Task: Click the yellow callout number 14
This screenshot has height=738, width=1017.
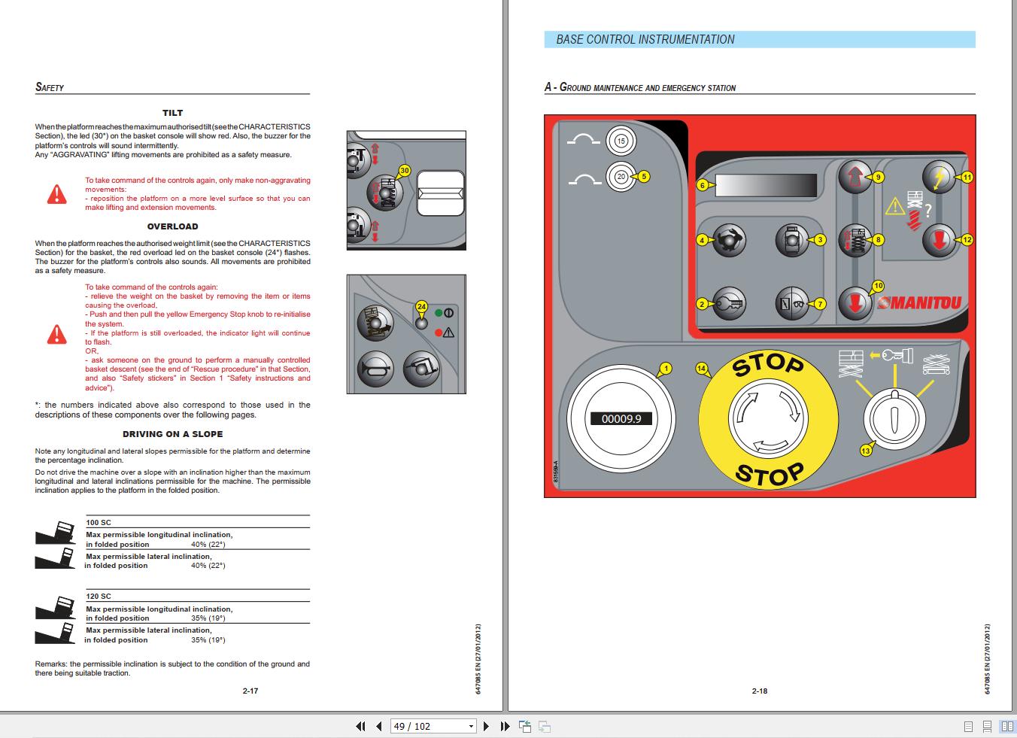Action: pos(702,369)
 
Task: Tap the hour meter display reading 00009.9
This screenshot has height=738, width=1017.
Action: pos(621,418)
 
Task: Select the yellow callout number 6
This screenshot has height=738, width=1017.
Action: pos(702,185)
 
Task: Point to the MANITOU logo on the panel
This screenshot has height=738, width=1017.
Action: pos(920,303)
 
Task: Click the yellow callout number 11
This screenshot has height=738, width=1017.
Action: pos(967,178)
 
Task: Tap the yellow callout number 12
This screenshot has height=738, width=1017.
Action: pos(967,240)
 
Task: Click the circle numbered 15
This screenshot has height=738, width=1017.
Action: pos(621,141)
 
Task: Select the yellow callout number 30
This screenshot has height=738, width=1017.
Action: pos(405,171)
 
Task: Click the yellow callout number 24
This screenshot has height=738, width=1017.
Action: pos(421,307)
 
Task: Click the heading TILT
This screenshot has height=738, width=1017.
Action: pos(172,113)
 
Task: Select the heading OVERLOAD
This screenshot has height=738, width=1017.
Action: pos(172,226)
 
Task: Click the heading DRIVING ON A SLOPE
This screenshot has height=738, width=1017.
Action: pos(172,434)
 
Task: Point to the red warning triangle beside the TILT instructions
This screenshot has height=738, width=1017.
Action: pos(56,194)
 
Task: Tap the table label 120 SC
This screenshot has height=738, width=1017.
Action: pos(99,596)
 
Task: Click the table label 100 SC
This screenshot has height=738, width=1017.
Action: pos(99,522)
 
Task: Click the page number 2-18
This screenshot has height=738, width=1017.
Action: pos(759,691)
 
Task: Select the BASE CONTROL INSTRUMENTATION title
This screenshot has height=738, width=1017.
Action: pos(645,40)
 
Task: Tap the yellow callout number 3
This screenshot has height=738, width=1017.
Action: pos(820,240)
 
